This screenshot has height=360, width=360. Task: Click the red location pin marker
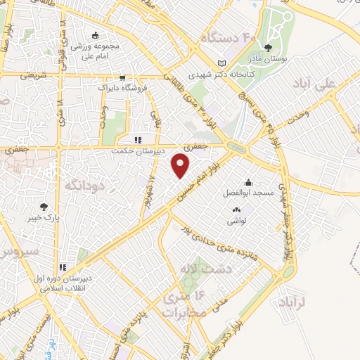[x=181, y=166]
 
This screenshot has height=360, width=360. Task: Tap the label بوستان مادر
[x=268, y=62]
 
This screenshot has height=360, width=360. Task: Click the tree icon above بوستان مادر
[x=268, y=49]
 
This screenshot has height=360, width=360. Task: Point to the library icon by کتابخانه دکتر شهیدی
[x=222, y=61]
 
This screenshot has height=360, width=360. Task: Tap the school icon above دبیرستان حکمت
[x=139, y=139]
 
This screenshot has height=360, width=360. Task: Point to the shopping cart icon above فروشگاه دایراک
[x=122, y=78]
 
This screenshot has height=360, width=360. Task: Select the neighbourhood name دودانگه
[x=84, y=185]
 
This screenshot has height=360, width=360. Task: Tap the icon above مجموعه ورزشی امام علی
[x=96, y=36]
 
